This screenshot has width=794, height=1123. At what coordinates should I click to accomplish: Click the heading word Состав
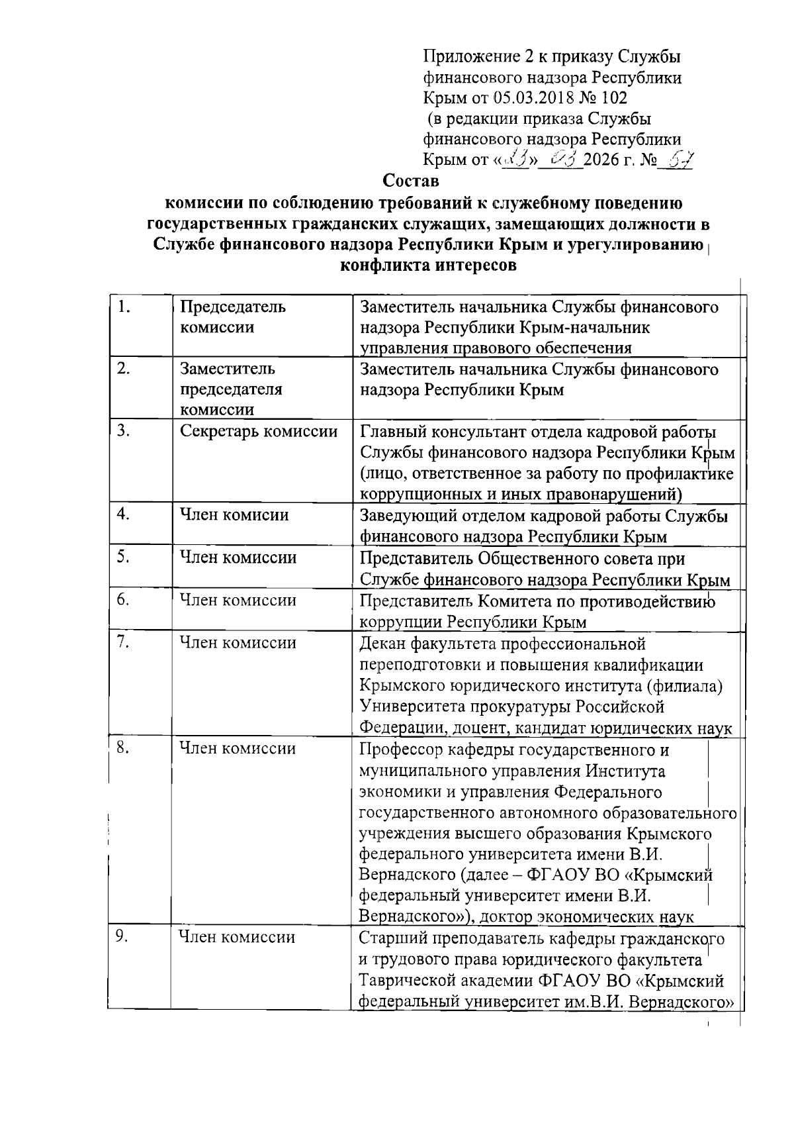[412, 180]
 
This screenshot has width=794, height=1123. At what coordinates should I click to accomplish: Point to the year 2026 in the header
[602, 160]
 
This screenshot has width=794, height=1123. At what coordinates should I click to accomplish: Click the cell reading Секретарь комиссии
[259, 432]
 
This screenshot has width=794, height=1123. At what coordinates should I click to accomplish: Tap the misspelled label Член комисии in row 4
[234, 514]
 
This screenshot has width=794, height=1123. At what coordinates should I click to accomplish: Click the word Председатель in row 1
[233, 307]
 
